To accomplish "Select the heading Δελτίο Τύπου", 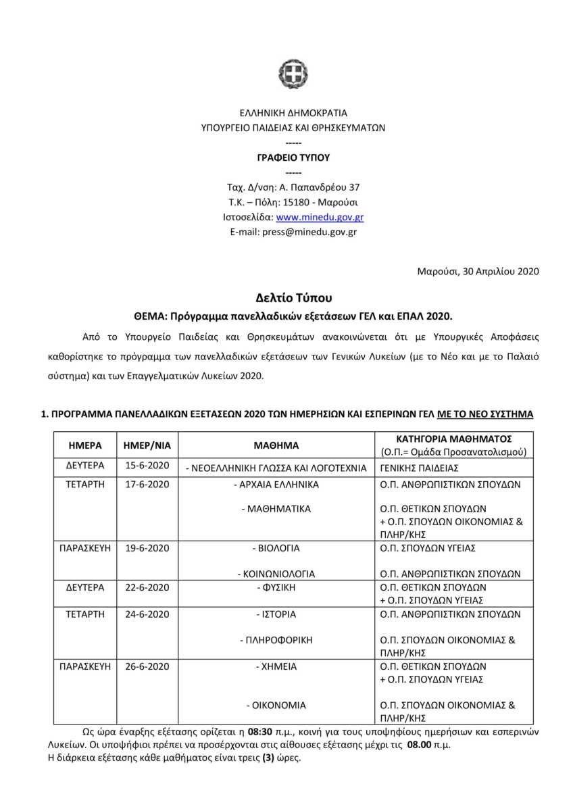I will point(294,297).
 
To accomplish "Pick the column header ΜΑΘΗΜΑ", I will point(276,445).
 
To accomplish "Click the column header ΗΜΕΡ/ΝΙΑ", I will point(147,445).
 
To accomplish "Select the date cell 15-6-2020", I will point(147,467).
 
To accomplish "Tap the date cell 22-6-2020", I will point(147,587).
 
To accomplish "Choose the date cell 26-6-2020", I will point(147,666).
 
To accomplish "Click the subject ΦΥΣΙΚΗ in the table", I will point(276,587).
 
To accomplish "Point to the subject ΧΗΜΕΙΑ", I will point(276,666).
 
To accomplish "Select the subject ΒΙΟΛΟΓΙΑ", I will point(276,547).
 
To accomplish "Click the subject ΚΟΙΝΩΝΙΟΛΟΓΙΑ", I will point(276,574).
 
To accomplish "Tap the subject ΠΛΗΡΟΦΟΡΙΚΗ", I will point(276,639).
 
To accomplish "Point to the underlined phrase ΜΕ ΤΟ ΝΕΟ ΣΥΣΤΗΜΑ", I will point(485,414).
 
